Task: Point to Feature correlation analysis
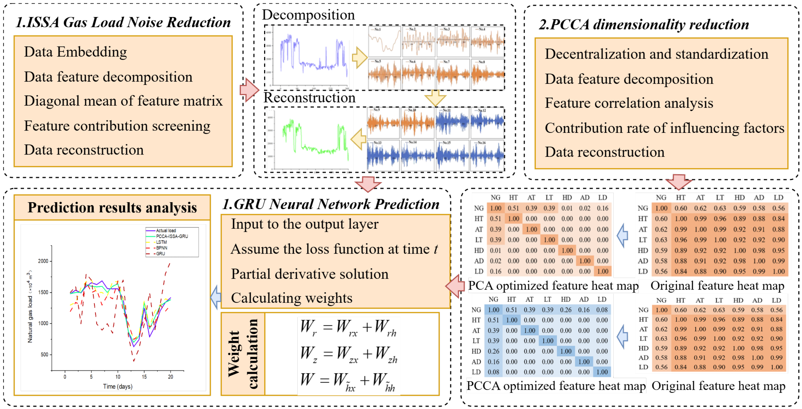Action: pos(629,103)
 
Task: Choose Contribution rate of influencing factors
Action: pos(664,128)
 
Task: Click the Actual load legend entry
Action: pos(166,231)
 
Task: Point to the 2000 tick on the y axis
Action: pos(43,261)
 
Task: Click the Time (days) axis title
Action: pos(118,387)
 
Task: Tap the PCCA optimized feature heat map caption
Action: pos(556,386)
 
